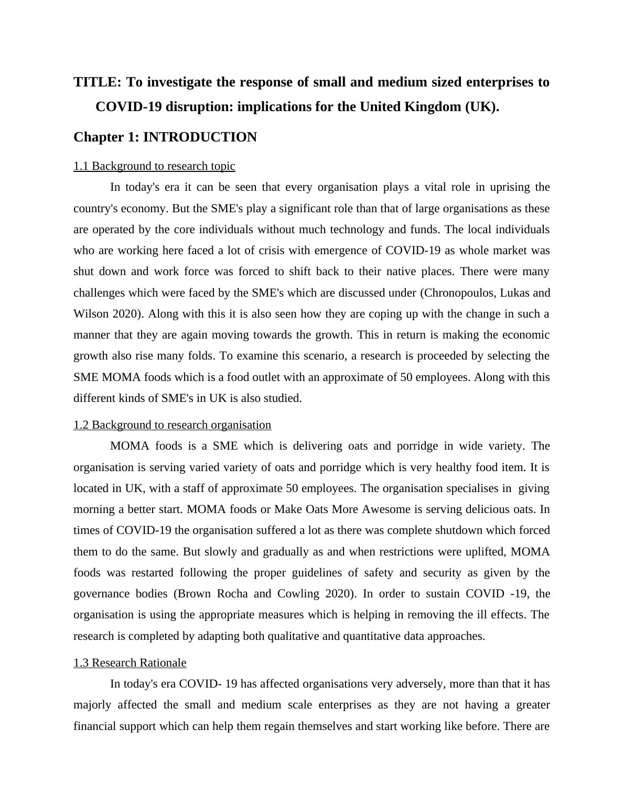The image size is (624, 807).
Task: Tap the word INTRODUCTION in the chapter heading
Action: (200, 137)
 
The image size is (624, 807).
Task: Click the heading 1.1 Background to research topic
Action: (154, 166)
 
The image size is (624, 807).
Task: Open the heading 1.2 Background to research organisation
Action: (172, 425)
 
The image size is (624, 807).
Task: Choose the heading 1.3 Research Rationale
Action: (130, 663)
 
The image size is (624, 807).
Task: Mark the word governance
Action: (102, 594)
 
